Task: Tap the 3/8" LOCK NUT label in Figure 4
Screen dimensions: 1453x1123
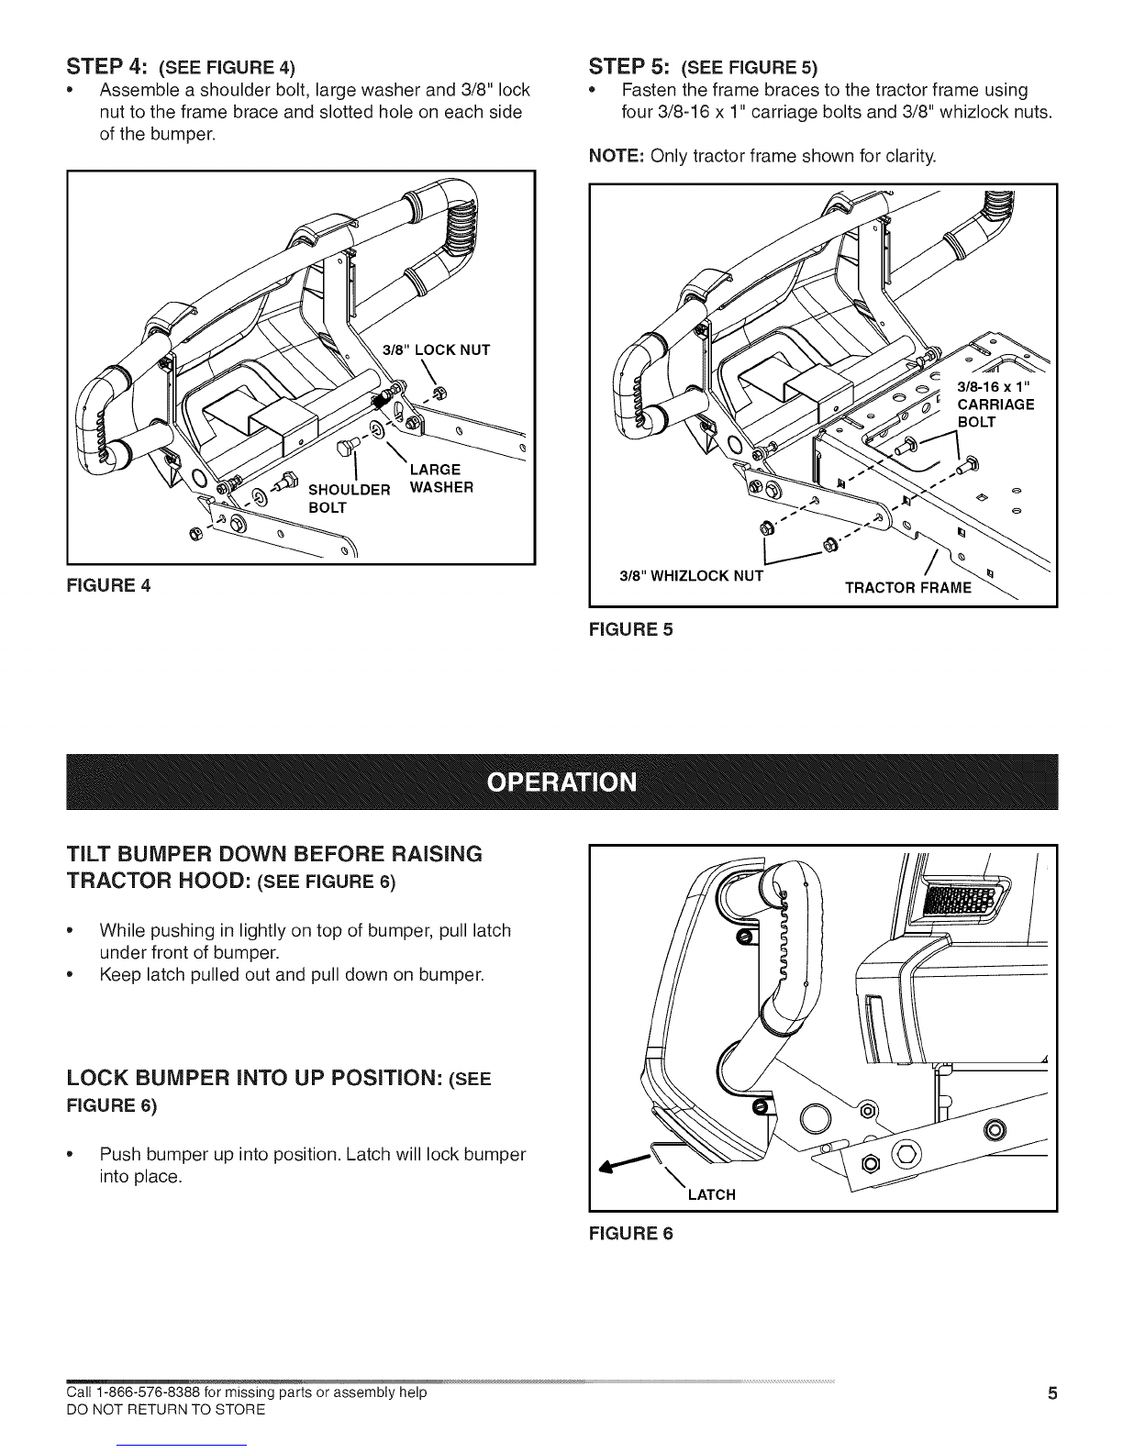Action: [x=436, y=349]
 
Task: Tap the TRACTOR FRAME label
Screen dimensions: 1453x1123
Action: [x=906, y=588]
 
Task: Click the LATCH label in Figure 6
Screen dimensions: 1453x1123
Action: [x=711, y=1194]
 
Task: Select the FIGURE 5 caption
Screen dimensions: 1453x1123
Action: [x=631, y=630]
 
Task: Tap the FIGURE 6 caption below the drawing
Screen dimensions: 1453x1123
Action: [x=631, y=1234]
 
